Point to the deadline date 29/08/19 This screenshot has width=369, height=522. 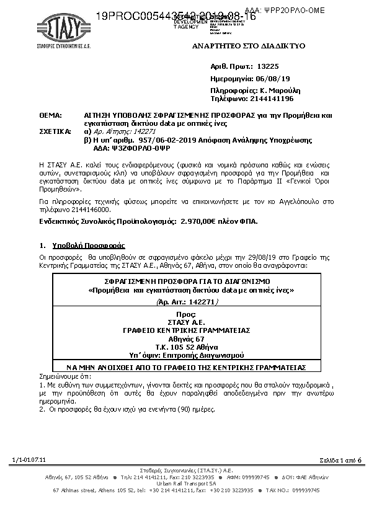pyautogui.click(x=257, y=256)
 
